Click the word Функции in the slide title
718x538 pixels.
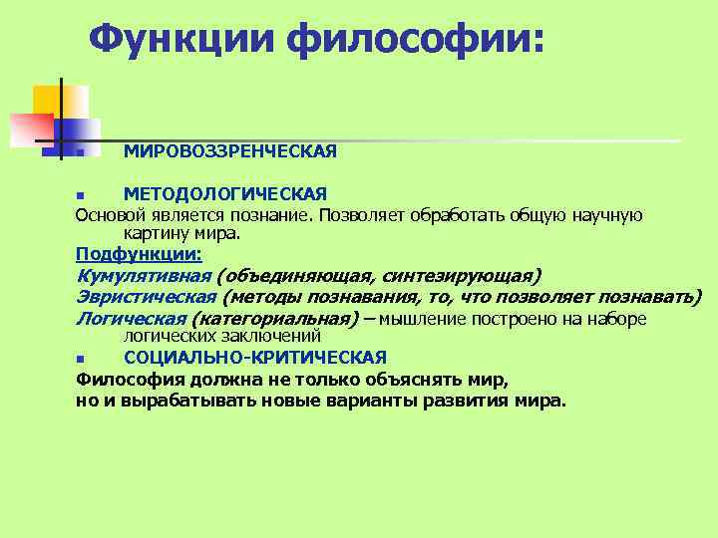[x=179, y=39]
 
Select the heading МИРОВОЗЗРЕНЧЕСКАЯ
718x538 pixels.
[x=230, y=150]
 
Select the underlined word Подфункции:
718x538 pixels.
[x=139, y=254]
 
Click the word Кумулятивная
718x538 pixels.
[x=144, y=276]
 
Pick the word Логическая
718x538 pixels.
[x=131, y=319]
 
